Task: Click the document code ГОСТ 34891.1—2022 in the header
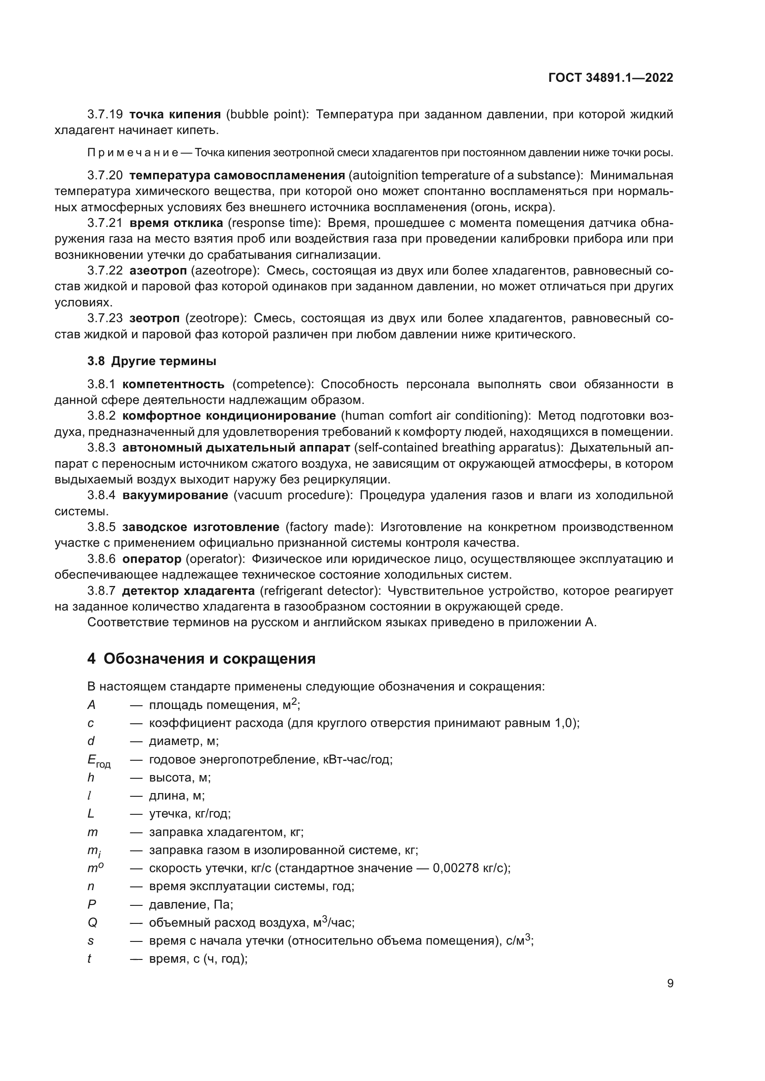pos(611,78)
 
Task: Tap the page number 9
pos(670,983)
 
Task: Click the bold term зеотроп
pos(154,318)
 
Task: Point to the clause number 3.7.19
pos(105,115)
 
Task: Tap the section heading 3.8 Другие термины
pos(152,361)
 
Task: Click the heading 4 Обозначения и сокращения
pos(201,659)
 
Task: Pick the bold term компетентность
pos(173,384)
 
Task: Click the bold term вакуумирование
pos(175,495)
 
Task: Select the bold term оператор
pos(152,559)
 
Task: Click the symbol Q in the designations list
pos(93,923)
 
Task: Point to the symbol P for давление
pos(92,904)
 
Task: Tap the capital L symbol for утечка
pos(91,813)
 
